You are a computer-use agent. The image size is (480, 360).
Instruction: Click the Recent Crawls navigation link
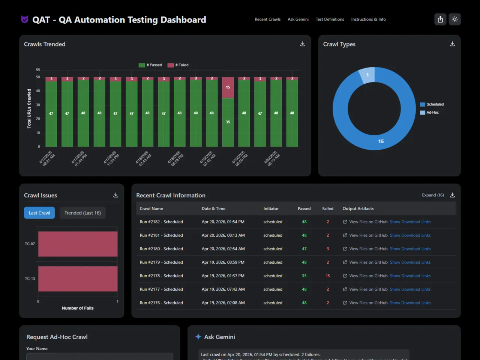coord(267,19)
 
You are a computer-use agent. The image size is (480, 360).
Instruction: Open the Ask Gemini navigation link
coord(298,19)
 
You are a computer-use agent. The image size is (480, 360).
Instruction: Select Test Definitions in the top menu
coord(330,19)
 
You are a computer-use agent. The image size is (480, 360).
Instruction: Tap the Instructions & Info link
coord(368,19)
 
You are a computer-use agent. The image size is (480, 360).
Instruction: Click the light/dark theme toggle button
coord(454,19)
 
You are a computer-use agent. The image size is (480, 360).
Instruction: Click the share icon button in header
coord(440,19)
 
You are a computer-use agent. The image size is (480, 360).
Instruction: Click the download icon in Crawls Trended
coord(303,44)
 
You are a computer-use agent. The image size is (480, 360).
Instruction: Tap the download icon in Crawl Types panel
coord(452,44)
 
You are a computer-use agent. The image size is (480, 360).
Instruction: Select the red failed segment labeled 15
coord(228,87)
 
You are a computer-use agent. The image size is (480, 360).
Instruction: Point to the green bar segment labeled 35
coord(228,122)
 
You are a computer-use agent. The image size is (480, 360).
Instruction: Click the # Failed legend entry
coord(178,65)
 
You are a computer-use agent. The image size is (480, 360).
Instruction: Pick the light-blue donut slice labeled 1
coord(367,75)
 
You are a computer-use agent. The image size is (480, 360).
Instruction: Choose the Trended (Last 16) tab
coord(82,213)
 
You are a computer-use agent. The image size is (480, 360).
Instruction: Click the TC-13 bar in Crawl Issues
coord(78,279)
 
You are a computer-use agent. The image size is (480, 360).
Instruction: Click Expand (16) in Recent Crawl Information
coord(433,195)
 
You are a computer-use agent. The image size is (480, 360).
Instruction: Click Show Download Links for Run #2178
coord(410,276)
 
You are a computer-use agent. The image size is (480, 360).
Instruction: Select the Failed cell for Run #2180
coord(328,249)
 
